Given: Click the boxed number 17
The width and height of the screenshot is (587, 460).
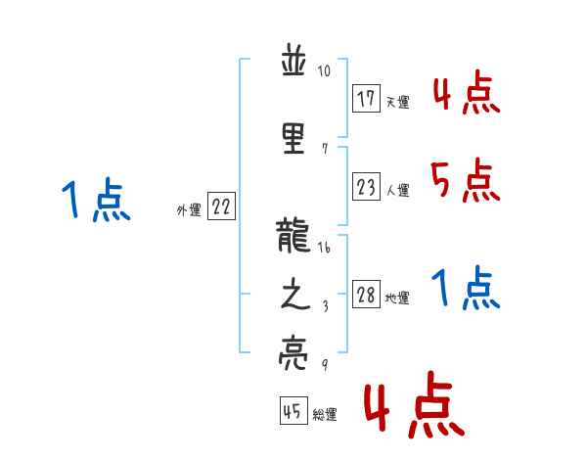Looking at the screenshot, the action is [367, 99].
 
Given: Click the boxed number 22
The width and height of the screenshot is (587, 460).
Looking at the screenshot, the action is [221, 207].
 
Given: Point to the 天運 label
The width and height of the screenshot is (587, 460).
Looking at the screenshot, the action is [397, 102].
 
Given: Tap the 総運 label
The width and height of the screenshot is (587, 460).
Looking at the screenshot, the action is [326, 415].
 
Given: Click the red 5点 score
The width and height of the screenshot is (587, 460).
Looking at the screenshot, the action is [465, 180].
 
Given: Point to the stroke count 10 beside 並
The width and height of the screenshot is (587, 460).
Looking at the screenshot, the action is [325, 71].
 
